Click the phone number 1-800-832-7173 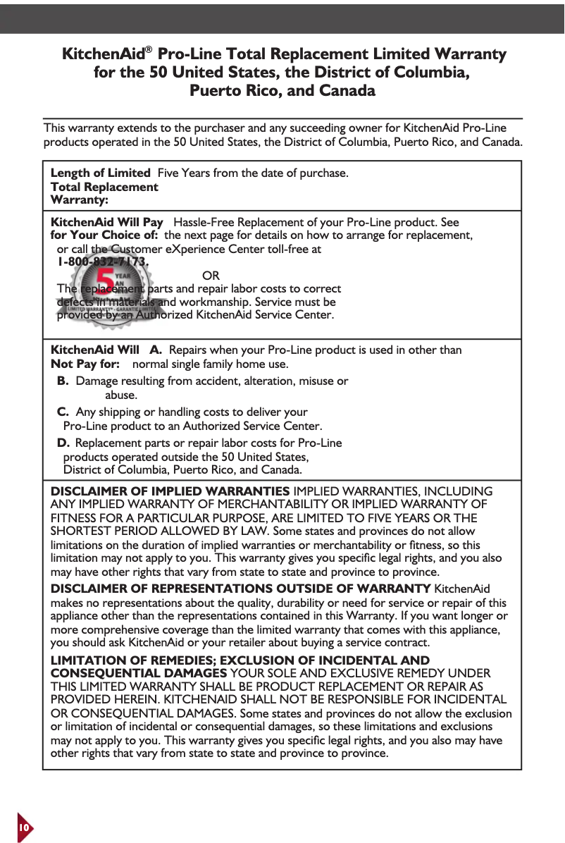(103, 261)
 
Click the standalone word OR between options (211, 275)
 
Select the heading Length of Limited (100, 173)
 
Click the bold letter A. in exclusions (156, 350)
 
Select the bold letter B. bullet (63, 381)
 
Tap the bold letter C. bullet (63, 412)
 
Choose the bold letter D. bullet (63, 443)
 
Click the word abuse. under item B (121, 395)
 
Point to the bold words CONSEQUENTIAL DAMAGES (139, 674)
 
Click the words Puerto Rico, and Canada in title (282, 92)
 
